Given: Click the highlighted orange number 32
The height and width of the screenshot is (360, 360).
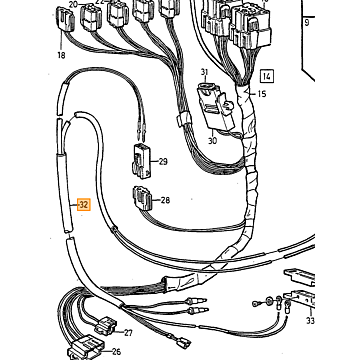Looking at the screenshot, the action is point(83,205).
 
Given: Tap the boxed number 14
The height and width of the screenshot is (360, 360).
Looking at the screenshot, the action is point(267,77).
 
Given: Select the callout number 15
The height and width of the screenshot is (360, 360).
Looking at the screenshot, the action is point(262,94).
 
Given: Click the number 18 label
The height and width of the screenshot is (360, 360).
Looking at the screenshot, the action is point(61,55).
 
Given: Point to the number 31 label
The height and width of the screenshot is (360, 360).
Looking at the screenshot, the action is point(204,72).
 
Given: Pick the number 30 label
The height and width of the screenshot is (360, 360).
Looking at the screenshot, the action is point(212,141).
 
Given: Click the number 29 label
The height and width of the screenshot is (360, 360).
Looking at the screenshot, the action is point(163,162).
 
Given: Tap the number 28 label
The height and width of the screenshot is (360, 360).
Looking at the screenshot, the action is point(165,200).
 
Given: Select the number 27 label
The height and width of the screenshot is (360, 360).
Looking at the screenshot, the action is point(128,333).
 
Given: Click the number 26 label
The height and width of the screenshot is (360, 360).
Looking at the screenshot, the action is point(116,351).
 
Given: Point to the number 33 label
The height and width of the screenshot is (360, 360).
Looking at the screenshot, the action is point(310,321).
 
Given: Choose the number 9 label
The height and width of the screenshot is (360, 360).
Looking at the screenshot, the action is point(307,23).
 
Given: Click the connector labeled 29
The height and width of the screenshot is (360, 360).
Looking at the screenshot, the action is point(142,161).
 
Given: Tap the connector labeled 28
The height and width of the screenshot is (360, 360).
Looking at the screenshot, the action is point(143,199).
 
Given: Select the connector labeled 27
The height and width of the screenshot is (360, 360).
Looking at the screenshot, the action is point(106,326).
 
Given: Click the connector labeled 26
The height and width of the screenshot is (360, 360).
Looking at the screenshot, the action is point(86,348).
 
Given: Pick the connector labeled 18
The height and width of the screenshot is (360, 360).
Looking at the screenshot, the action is point(65,21).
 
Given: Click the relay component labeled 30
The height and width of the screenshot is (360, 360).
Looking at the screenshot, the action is point(216,106).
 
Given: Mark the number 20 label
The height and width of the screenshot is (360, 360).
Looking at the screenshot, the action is point(73,5).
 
